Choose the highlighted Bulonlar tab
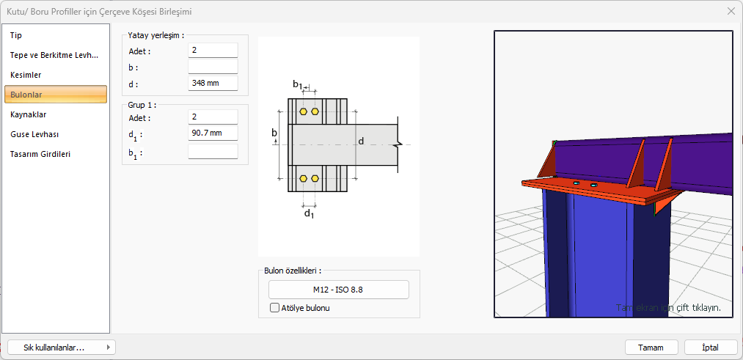click(x=56, y=95)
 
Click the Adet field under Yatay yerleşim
click(x=213, y=51)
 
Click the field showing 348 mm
click(x=213, y=83)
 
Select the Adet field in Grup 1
click(x=213, y=117)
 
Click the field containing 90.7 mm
click(x=213, y=133)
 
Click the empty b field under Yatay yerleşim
click(x=213, y=67)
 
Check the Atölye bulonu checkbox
click(x=275, y=308)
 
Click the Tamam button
click(x=651, y=348)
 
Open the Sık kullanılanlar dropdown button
click(x=62, y=348)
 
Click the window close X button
click(x=731, y=11)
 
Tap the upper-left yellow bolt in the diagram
click(x=303, y=111)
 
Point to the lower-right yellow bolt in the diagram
click(x=315, y=178)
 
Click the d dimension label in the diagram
click(x=360, y=140)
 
